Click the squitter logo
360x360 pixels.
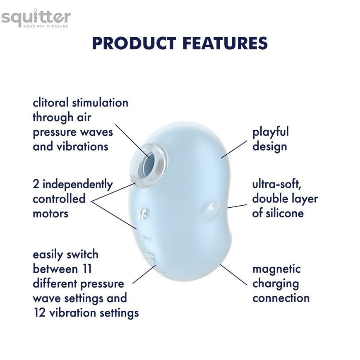point(36,18)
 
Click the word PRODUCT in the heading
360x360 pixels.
point(134,43)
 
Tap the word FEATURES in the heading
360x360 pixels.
point(226,43)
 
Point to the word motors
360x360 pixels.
point(50,214)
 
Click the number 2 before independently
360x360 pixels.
point(36,184)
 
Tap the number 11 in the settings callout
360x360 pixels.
point(86,269)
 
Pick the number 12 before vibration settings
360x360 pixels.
point(39,313)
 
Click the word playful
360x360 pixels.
point(271,132)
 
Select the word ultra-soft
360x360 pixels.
point(277,184)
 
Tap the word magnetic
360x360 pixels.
point(276,269)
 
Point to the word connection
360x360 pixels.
point(281,298)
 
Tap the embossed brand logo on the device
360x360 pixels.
point(142,214)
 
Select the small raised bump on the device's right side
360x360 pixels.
point(214,206)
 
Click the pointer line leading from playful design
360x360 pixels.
point(234,149)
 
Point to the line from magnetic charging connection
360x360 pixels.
point(233,275)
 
